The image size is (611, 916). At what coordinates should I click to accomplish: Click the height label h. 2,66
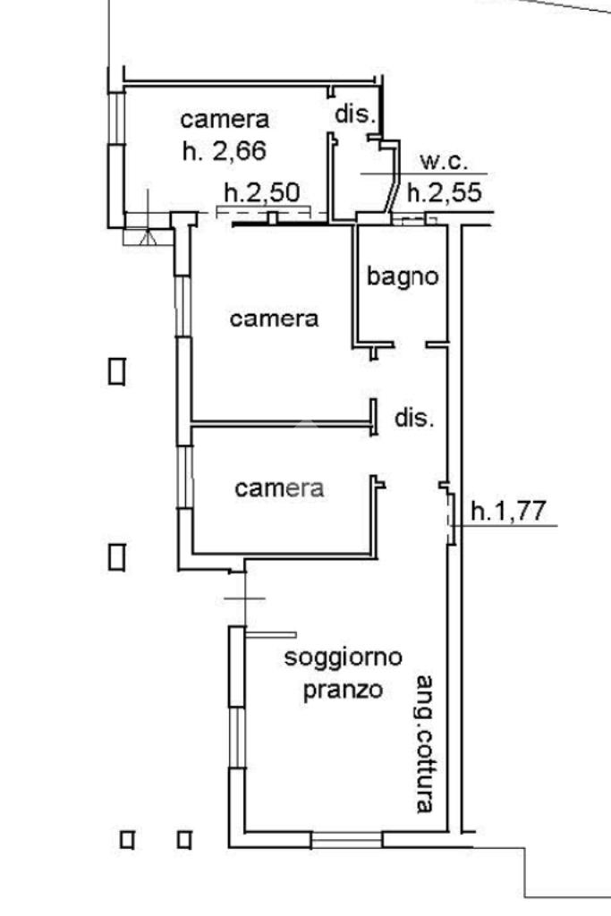coord(225,151)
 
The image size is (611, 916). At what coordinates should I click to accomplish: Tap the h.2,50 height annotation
coord(261,192)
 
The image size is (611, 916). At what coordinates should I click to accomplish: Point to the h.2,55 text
coord(445,192)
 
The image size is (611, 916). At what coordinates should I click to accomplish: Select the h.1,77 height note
coord(508,512)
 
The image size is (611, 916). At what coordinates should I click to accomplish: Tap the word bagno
coord(403,276)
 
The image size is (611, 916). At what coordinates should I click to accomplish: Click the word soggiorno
coord(343,658)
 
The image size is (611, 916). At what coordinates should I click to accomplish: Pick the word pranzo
coord(343,690)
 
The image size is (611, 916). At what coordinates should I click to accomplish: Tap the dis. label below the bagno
coord(414,418)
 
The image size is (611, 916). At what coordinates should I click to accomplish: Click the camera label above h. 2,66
coord(225,119)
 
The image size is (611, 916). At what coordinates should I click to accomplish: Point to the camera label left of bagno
coord(275,318)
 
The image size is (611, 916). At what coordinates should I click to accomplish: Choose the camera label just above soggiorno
coord(279,488)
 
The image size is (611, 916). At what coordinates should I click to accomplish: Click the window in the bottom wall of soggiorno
coord(346,840)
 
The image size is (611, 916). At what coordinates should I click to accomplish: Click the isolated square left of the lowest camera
coord(116,557)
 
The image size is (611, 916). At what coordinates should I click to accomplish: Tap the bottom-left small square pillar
coord(127,839)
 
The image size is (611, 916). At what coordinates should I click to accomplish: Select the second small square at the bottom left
coord(184,839)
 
